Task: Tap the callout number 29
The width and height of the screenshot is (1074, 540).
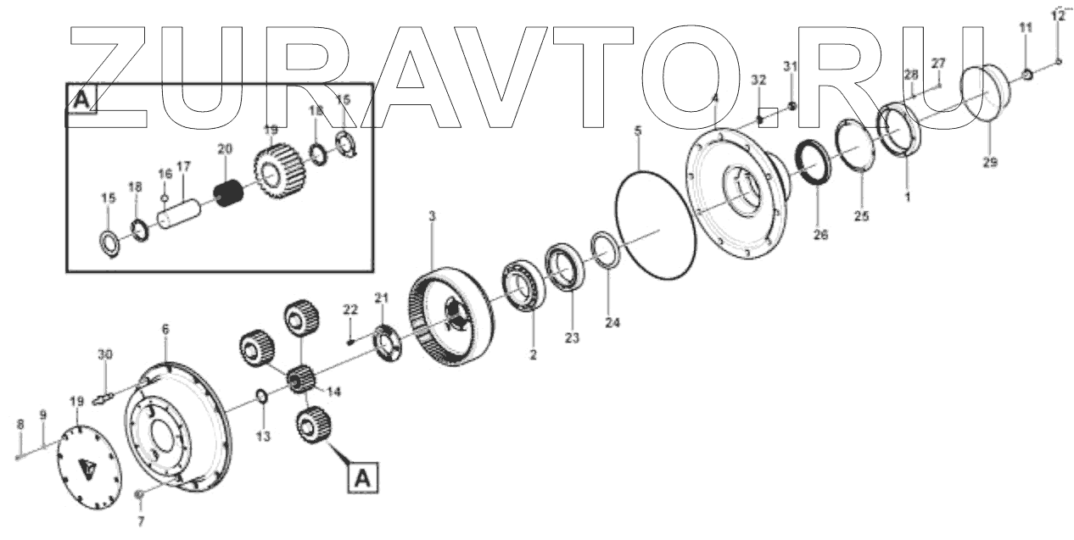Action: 989,162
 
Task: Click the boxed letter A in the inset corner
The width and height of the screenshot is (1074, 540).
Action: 81,100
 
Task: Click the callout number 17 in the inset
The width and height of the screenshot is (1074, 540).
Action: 183,165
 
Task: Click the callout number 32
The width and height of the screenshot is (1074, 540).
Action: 758,80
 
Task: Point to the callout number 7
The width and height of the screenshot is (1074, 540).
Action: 142,520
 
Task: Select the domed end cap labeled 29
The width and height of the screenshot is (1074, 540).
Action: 987,99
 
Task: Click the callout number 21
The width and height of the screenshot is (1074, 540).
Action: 381,298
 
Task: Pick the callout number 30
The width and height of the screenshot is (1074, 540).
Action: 103,354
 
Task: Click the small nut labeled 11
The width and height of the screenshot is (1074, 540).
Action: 1026,75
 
